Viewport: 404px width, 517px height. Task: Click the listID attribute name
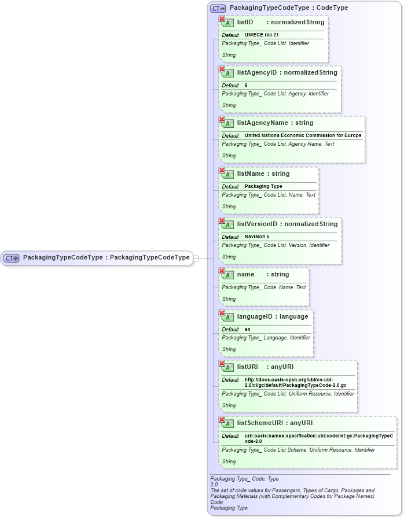245,23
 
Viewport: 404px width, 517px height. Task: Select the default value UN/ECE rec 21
262,35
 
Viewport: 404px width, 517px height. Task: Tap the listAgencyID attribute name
258,73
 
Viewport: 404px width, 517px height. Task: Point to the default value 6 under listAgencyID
246,86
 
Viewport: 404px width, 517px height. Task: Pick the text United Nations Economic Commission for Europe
303,136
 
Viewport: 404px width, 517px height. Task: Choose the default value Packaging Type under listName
263,187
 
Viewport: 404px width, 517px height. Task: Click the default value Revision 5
257,237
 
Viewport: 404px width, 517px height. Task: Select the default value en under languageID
247,330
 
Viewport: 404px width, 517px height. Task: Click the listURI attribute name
247,367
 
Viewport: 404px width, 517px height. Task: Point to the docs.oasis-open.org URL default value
295,382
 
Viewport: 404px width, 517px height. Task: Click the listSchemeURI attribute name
261,423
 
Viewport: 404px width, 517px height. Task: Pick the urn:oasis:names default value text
318,438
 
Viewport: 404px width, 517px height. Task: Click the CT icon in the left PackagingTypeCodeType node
12,258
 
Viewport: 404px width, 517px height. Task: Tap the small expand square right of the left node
196,258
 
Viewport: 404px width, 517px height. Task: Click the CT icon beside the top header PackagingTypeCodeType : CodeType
218,8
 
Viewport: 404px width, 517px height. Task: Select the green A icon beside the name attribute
228,275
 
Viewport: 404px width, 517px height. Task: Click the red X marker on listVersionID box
222,221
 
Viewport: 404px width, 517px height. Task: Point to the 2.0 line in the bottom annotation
214,485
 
